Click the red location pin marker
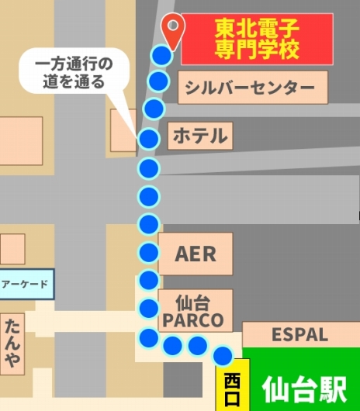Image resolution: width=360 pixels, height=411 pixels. coord(173,29)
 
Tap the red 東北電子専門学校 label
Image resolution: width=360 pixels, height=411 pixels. coord(257,40)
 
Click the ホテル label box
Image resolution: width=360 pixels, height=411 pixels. coord(199,136)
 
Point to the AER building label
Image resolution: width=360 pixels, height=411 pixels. coord(196,254)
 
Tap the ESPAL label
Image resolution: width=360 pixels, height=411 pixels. coord(299,335)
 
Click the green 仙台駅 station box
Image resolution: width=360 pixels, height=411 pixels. coord(304,385)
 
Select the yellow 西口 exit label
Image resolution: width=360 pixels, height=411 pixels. coord(232,385)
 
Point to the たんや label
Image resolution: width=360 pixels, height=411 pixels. coord(13,342)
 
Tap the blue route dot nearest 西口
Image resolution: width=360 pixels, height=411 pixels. coord(223,355)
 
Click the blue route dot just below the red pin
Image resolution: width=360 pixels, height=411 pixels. coord(161,54)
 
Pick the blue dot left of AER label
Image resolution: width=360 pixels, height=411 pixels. coord(149,252)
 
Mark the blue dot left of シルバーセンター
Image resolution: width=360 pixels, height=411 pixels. coord(158,81)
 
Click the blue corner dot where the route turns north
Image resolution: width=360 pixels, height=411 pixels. coord(148,338)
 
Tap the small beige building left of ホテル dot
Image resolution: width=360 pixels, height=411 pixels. coord(123,130)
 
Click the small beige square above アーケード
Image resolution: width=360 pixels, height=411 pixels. coord(12,248)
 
